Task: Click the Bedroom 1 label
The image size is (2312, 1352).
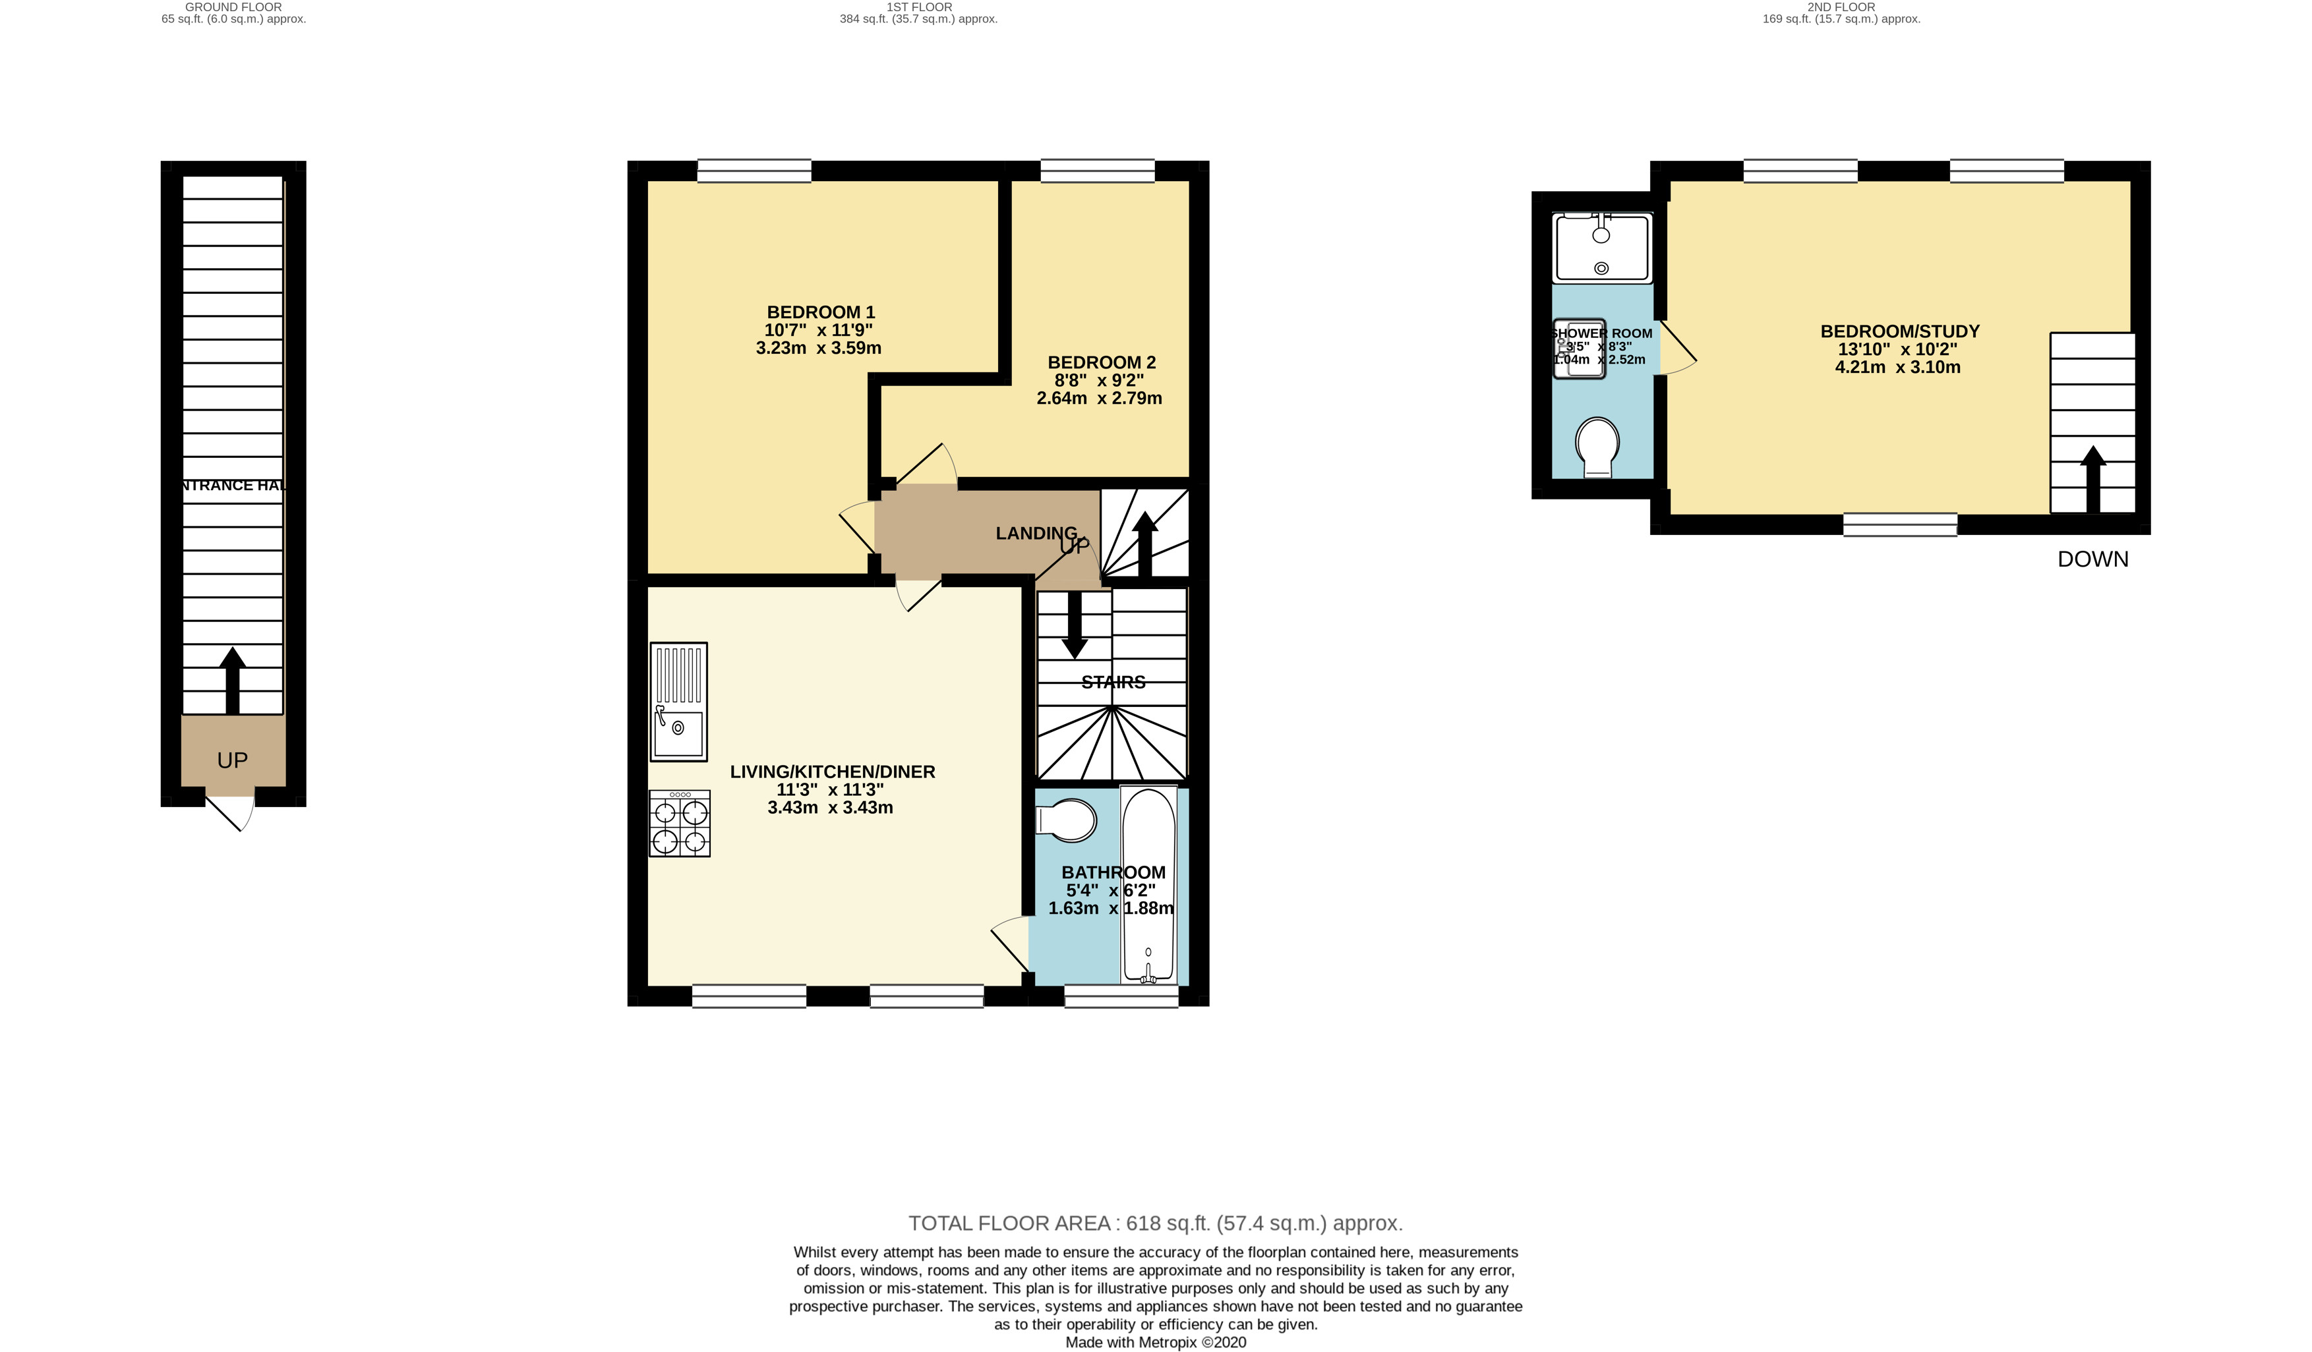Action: (x=820, y=312)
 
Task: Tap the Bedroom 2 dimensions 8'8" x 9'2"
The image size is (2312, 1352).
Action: (x=1098, y=380)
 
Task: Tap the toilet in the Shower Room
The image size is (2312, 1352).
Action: (x=1597, y=447)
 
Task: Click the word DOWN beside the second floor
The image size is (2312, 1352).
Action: (x=2092, y=559)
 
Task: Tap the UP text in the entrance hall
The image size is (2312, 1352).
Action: (x=232, y=760)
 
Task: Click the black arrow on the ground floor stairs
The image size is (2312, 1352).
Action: (x=232, y=680)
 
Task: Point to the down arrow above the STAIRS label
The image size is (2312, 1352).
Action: (x=1073, y=625)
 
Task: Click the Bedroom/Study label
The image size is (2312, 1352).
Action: (x=1899, y=331)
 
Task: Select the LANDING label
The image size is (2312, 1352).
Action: (x=1036, y=533)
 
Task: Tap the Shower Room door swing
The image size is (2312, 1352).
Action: (x=1678, y=349)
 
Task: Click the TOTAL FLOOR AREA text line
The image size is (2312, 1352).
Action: (x=1154, y=1223)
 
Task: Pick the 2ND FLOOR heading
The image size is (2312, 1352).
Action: (x=1841, y=7)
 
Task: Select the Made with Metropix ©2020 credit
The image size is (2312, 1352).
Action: (x=1155, y=1342)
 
